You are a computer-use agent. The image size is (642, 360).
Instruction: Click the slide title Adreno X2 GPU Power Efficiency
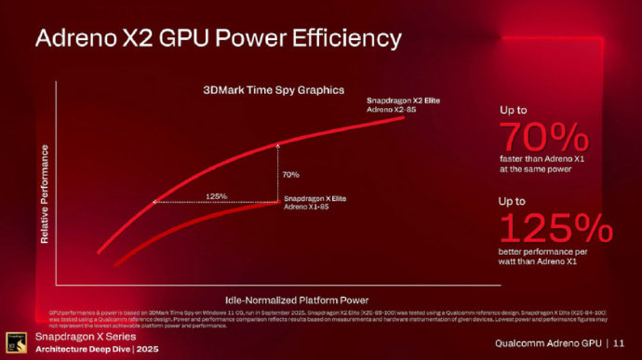218,38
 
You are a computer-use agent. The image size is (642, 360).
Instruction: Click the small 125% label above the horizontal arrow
217,195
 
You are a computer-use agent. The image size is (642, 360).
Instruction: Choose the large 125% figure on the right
555,228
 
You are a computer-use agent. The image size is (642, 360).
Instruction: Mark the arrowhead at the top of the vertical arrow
278,144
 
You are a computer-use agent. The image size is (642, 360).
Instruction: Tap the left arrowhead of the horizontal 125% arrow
154,202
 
